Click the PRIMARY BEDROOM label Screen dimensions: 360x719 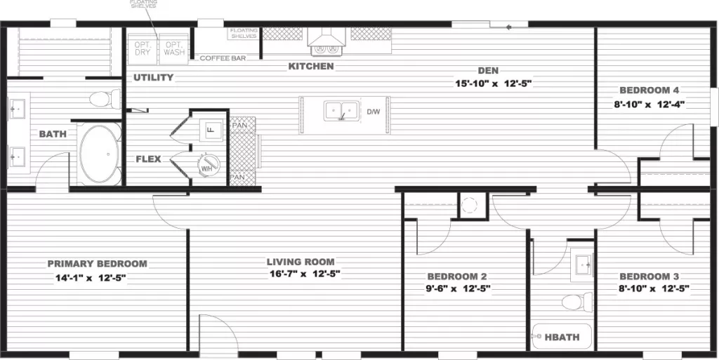point(97,264)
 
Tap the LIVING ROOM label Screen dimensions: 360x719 point(304,262)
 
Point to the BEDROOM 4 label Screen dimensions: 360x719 point(648,91)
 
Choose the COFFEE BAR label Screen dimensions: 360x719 point(223,58)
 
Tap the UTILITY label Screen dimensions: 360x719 point(153,77)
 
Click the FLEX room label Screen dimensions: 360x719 point(148,159)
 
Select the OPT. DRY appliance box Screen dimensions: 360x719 point(143,48)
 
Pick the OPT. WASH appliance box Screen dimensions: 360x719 point(174,48)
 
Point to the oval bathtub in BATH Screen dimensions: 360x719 point(99,154)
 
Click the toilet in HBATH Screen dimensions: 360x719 point(572,302)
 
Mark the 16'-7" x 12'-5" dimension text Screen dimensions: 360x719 point(304,274)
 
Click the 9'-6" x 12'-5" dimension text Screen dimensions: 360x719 point(457,288)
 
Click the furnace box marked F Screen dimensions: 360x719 point(209,129)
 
